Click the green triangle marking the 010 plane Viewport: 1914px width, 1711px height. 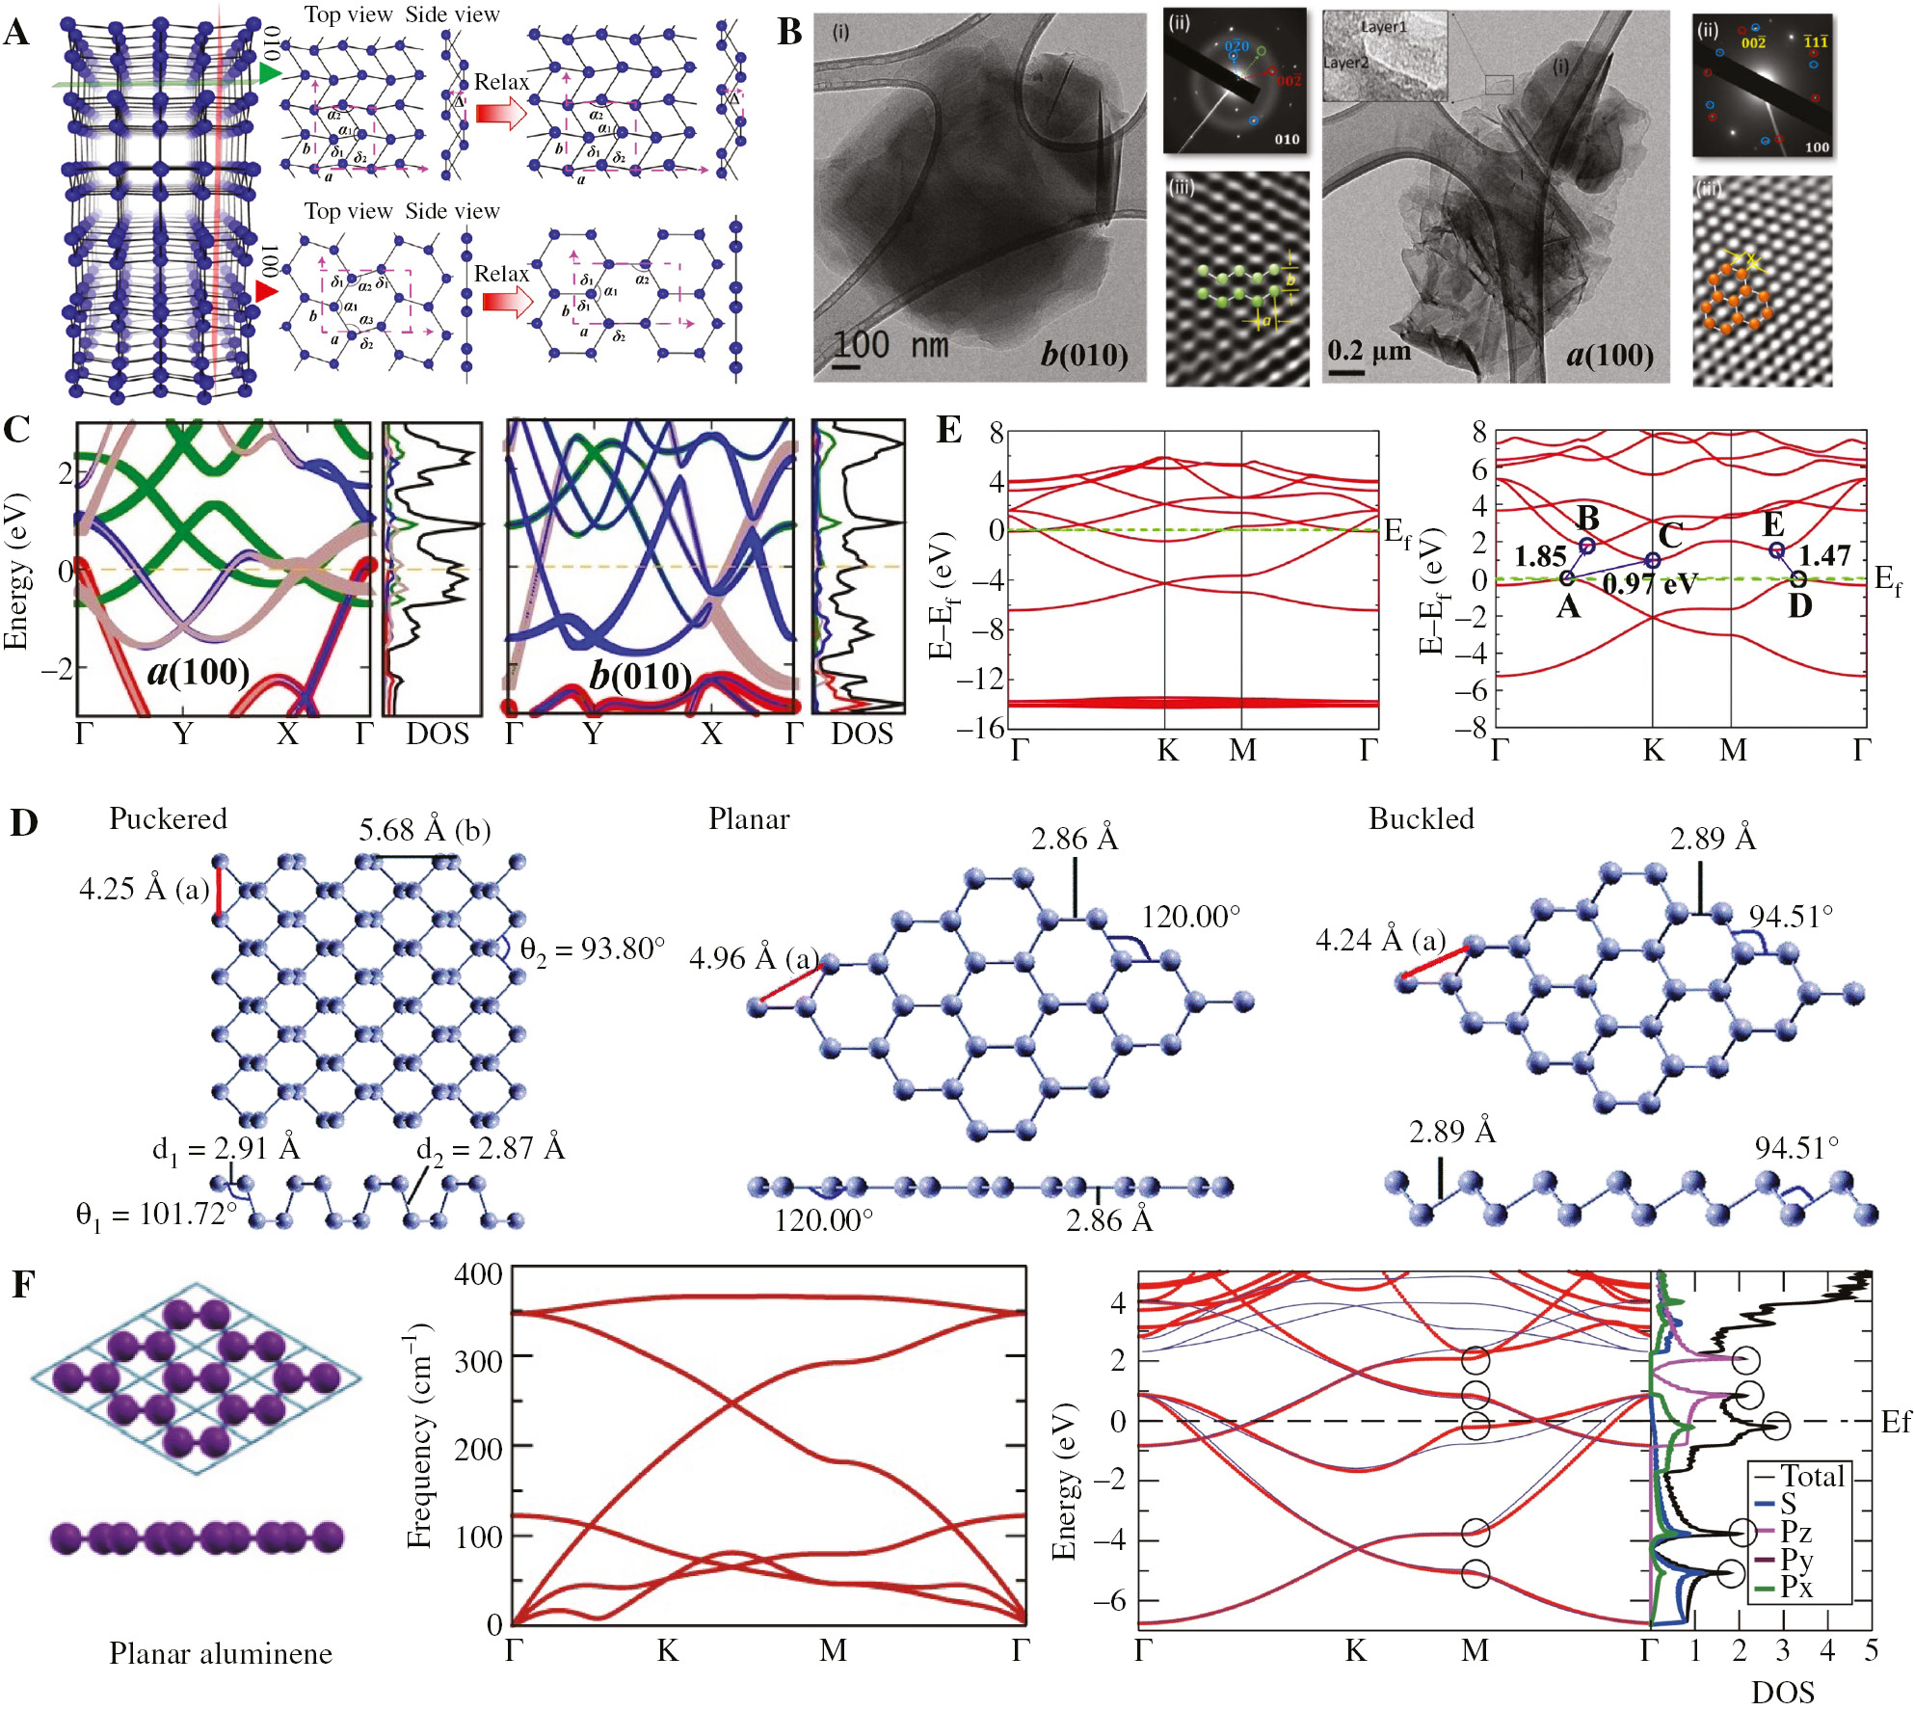(270, 74)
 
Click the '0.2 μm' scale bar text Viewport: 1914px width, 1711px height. (1369, 350)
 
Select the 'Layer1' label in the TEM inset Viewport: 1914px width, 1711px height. (1383, 28)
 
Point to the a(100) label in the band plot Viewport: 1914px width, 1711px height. (199, 672)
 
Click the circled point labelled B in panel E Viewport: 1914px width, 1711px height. (1587, 546)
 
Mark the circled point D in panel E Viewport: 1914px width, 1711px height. (1798, 579)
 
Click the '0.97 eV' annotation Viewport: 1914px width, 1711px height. (1649, 584)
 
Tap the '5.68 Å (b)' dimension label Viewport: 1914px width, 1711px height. (425, 831)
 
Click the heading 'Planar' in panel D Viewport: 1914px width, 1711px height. (749, 819)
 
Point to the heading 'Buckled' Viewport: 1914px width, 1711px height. (1422, 819)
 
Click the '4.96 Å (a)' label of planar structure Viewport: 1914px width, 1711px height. (754, 959)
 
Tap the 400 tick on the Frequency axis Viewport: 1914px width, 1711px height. (478, 1275)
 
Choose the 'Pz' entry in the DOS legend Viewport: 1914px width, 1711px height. (1795, 1532)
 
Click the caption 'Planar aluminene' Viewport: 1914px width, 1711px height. (221, 1654)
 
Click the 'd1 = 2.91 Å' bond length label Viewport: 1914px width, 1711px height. (226, 1149)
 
